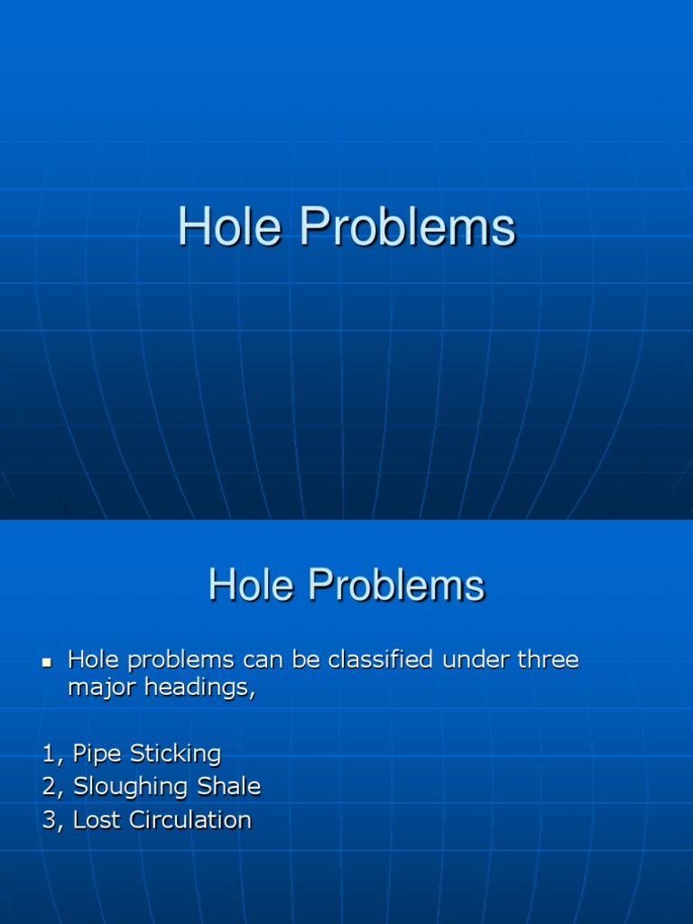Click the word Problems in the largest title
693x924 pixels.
tap(408, 227)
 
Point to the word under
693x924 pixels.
tap(475, 660)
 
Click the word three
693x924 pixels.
tap(547, 660)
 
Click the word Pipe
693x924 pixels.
tap(98, 753)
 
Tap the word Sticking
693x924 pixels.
tap(175, 753)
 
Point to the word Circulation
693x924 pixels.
tap(189, 819)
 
